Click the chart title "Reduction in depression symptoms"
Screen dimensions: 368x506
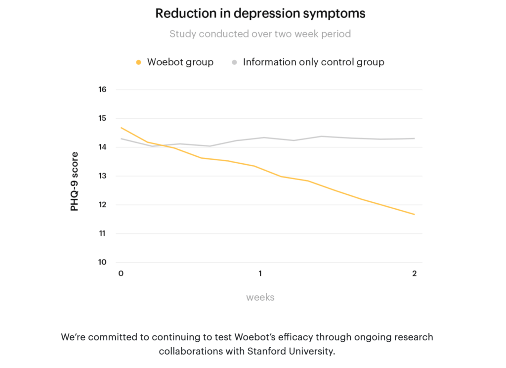click(x=260, y=13)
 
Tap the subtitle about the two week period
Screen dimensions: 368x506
click(x=260, y=34)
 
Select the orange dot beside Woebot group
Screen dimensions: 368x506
click(x=139, y=62)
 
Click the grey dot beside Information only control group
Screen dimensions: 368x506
click(x=234, y=62)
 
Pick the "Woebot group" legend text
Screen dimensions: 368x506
click(x=180, y=62)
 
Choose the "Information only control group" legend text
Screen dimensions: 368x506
click(x=313, y=62)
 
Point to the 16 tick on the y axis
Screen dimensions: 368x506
click(x=102, y=90)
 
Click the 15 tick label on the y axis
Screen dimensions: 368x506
click(x=102, y=118)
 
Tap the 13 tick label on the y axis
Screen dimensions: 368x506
click(x=102, y=176)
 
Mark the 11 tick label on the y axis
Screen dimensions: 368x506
click(x=102, y=233)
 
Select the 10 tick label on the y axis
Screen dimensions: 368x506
click(x=102, y=262)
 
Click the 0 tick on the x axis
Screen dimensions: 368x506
click(x=121, y=274)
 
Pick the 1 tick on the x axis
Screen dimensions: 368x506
click(x=260, y=274)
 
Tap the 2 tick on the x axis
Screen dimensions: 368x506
click(x=414, y=274)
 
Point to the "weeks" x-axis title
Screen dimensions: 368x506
click(x=260, y=297)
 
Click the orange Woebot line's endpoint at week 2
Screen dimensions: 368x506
click(x=414, y=214)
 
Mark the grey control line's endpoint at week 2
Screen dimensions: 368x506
click(x=414, y=138)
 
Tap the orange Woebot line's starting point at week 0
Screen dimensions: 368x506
click(x=121, y=128)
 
